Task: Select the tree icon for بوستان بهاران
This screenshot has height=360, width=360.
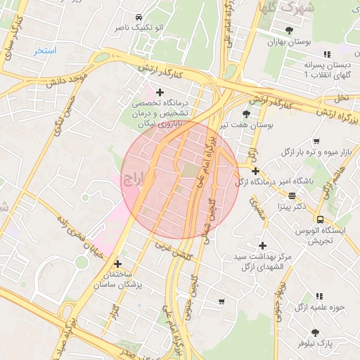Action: tap(290, 30)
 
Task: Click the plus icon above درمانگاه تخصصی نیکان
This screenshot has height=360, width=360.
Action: tap(160, 92)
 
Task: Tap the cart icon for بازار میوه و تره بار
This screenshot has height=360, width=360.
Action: tap(316, 141)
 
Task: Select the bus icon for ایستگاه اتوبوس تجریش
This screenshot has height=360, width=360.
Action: tap(321, 219)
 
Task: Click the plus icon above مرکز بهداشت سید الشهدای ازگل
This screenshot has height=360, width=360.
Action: tap(262, 245)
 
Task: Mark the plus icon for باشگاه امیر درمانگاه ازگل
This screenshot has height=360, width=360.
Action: tap(255, 171)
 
